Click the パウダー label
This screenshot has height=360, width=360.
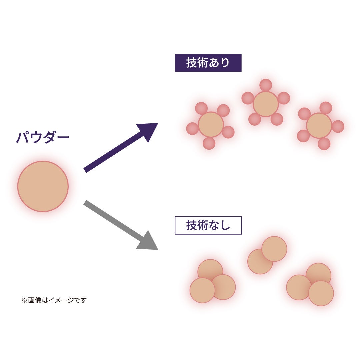(42, 138)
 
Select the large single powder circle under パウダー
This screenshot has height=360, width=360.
(43, 186)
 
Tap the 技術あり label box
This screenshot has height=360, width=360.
(208, 63)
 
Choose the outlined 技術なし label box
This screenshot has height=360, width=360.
(208, 226)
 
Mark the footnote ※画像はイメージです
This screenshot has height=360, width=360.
(54, 300)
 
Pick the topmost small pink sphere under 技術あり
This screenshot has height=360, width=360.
(266, 85)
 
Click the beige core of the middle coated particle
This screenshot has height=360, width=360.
(266, 104)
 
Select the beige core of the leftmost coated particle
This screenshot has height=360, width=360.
(211, 125)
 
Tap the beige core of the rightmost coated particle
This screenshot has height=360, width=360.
(319, 126)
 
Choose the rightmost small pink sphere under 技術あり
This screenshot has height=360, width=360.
(338, 126)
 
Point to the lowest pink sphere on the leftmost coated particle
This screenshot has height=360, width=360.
(209, 143)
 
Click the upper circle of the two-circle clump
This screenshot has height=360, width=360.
(274, 249)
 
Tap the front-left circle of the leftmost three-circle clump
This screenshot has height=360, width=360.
(202, 290)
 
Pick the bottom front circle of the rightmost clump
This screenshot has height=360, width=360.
(321, 293)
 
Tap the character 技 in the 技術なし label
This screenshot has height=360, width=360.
(191, 226)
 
